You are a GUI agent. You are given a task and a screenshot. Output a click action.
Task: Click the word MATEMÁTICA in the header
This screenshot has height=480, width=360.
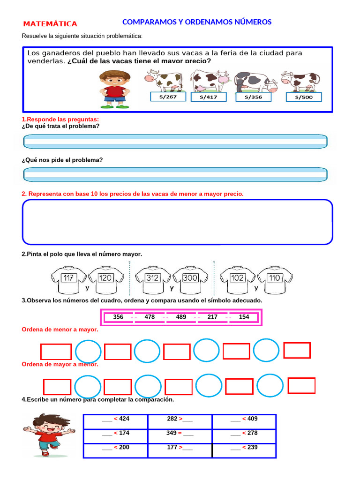(50, 24)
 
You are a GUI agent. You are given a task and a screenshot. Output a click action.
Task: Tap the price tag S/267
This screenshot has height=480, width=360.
(168, 97)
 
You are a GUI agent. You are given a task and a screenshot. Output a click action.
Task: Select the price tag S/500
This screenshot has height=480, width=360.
(304, 97)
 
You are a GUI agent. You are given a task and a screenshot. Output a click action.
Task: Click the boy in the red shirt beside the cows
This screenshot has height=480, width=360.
(114, 89)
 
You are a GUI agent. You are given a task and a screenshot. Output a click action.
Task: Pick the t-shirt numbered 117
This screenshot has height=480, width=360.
(68, 280)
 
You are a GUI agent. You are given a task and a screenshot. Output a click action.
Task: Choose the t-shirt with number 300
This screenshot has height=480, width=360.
(190, 280)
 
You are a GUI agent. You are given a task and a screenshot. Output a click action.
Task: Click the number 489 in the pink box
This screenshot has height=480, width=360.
(181, 317)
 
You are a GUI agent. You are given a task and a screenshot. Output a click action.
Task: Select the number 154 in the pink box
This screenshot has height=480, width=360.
(244, 317)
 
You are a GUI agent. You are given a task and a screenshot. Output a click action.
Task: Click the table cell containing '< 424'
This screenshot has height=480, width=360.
(115, 421)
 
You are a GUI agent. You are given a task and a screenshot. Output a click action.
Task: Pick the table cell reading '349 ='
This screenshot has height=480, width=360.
(180, 435)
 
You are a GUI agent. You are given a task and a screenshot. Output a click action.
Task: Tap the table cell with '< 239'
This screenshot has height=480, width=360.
(244, 450)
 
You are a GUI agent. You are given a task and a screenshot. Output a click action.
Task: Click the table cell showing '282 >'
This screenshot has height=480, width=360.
(180, 421)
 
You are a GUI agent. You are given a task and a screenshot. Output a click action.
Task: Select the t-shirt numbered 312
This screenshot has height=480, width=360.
(152, 280)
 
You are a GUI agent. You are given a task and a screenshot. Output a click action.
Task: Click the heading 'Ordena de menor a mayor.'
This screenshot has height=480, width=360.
(60, 330)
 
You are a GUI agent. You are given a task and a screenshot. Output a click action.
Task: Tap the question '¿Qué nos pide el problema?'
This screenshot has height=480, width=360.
(62, 160)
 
